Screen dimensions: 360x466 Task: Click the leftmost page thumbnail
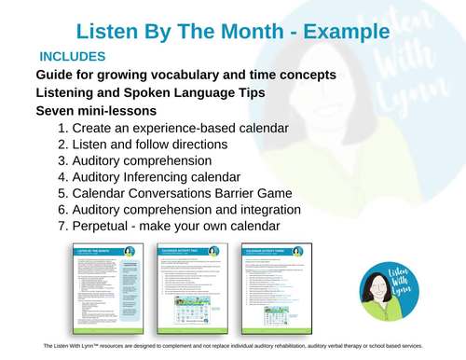click(105, 287)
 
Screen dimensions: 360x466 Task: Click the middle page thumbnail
click(191, 287)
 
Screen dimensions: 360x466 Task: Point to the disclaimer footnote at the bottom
click(233, 345)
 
